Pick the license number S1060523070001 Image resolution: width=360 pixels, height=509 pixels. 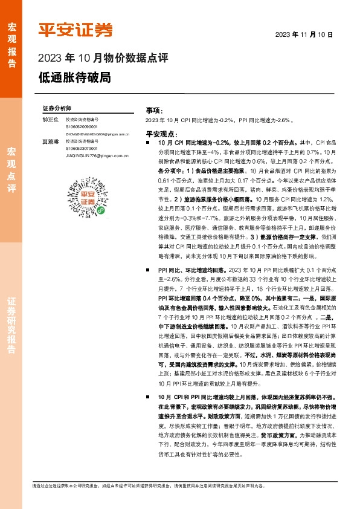click(82, 148)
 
